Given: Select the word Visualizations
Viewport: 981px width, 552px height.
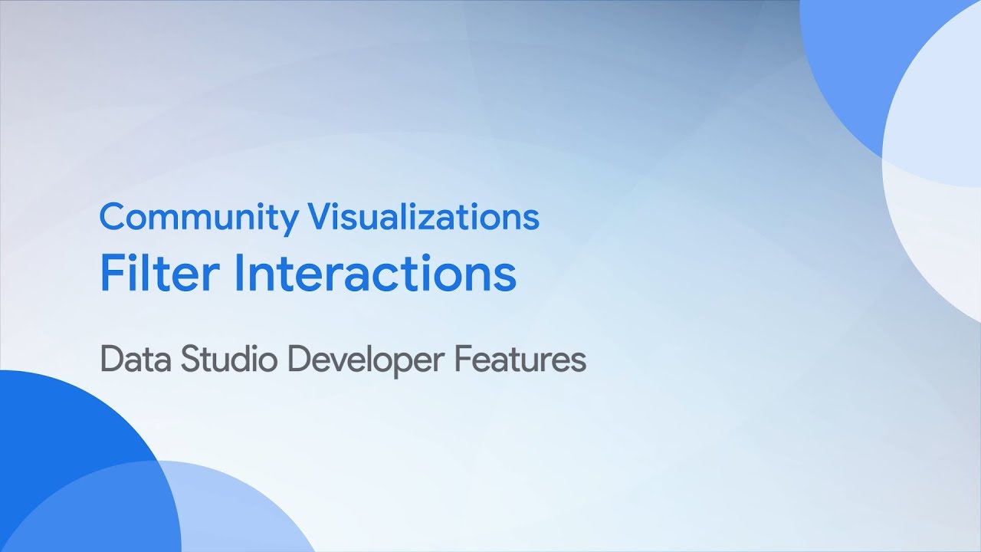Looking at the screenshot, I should (423, 218).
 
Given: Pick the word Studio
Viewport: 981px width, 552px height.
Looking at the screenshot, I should (228, 359).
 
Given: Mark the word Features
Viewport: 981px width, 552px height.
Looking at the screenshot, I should (520, 359).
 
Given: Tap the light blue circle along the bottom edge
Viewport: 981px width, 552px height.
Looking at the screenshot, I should (230, 514).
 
